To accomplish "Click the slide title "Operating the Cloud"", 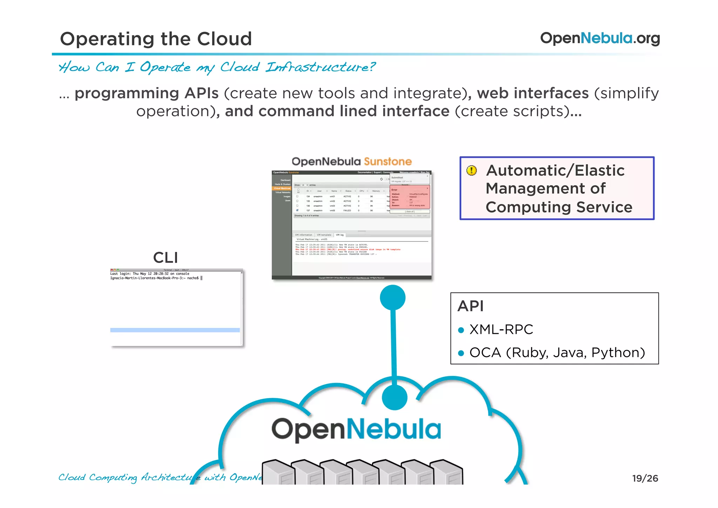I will [156, 39].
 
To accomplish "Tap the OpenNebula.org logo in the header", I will [600, 38].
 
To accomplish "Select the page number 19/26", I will [645, 478].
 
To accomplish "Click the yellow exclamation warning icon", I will [472, 171].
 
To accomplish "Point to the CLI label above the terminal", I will [165, 258].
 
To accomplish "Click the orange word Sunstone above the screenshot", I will [387, 161].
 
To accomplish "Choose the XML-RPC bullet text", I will [501, 329].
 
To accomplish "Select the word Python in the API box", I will [618, 352].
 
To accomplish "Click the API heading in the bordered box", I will [470, 306].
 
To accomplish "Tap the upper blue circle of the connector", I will [393, 298].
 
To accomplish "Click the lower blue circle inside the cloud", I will [394, 397].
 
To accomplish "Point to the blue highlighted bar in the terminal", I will [175, 330].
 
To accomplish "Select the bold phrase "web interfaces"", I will [533, 93].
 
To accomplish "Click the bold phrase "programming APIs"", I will [147, 93].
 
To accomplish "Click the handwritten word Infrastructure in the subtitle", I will [320, 67].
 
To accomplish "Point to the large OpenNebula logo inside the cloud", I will [356, 429].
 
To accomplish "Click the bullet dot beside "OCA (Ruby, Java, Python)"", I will [461, 353].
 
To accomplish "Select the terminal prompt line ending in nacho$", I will [155, 278].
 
